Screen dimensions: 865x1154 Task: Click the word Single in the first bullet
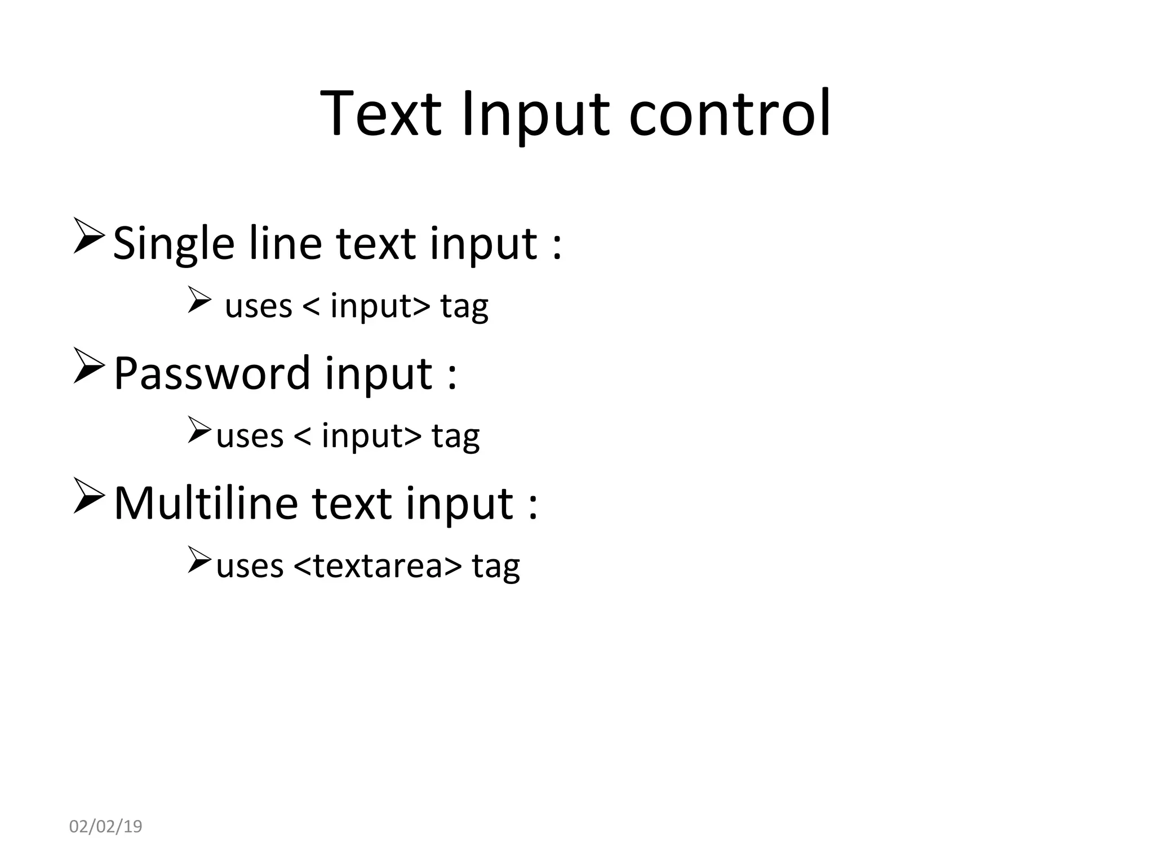(174, 244)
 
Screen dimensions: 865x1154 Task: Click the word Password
(212, 373)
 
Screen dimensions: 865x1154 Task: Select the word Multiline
(206, 502)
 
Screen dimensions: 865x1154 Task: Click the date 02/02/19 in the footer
(105, 827)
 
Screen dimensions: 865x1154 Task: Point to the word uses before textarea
(250, 566)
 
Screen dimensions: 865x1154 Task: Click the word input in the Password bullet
(379, 374)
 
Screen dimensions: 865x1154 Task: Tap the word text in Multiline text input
(351, 503)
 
